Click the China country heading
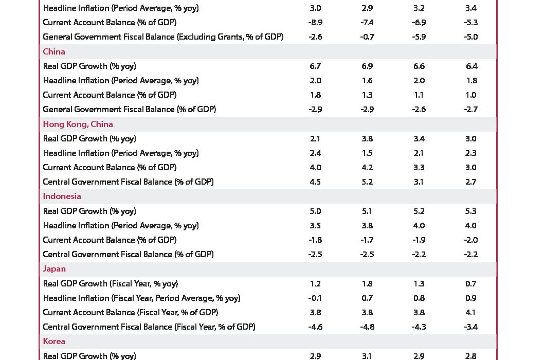tap(54, 52)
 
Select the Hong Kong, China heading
tap(78, 124)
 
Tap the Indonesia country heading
tap(62, 196)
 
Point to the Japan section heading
tap(54, 269)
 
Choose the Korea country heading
tap(54, 341)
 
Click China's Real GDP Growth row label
tap(89, 66)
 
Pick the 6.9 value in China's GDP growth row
tap(367, 66)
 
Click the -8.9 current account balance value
tap(315, 23)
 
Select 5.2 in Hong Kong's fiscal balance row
tap(367, 182)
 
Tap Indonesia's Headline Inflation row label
tap(121, 226)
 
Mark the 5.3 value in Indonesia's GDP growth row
tap(470, 211)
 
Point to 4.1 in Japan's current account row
tap(470, 313)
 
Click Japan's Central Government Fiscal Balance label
tap(149, 327)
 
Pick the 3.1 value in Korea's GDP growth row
tap(367, 356)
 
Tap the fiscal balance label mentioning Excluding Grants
tap(163, 37)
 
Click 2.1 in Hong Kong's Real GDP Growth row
tap(315, 139)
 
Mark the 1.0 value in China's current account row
tap(470, 95)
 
